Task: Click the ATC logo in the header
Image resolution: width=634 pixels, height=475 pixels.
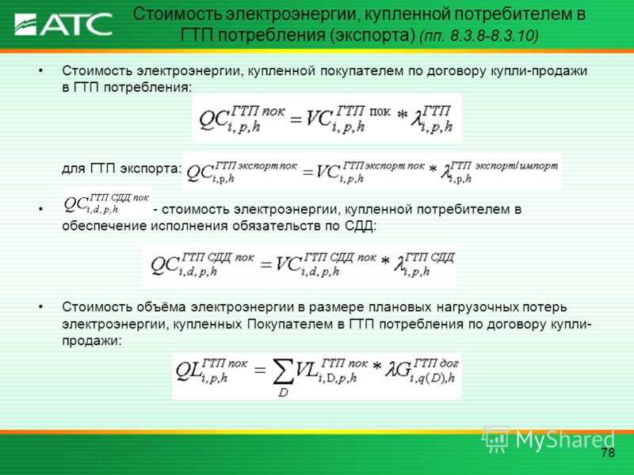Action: (x=63, y=25)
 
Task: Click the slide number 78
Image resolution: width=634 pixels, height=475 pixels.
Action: (x=608, y=452)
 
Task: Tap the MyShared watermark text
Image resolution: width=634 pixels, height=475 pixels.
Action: (x=565, y=439)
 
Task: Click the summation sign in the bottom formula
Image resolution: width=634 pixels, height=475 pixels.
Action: (x=283, y=371)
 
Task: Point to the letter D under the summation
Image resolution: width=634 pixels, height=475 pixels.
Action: (x=283, y=392)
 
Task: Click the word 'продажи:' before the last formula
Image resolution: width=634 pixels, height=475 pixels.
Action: (x=91, y=341)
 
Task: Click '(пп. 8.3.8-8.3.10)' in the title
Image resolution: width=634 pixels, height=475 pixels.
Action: (x=479, y=36)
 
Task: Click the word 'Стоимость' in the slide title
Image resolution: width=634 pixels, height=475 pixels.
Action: (x=177, y=14)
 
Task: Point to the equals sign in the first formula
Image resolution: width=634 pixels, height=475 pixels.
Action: (x=296, y=120)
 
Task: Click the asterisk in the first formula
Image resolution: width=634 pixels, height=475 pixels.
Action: (x=402, y=116)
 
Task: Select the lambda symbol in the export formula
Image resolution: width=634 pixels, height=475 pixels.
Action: (x=446, y=172)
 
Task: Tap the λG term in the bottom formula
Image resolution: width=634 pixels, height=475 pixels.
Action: (x=399, y=369)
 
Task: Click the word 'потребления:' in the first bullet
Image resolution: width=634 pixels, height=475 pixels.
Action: (x=147, y=88)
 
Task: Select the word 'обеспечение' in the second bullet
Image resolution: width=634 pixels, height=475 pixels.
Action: (x=105, y=226)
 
